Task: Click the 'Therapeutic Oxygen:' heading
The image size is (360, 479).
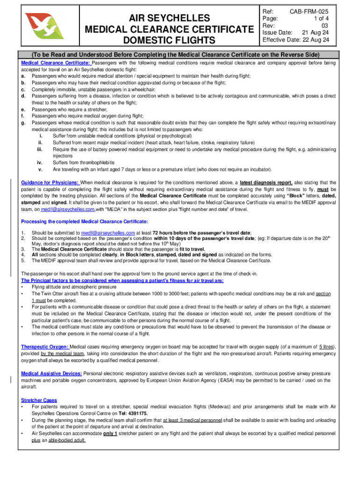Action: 45,347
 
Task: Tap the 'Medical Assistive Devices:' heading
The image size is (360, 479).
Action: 51,373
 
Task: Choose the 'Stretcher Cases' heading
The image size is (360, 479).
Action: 39,400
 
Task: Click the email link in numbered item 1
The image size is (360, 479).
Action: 108,233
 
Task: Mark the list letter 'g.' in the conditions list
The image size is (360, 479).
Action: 23,123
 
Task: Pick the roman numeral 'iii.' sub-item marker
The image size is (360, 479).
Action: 40,149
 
